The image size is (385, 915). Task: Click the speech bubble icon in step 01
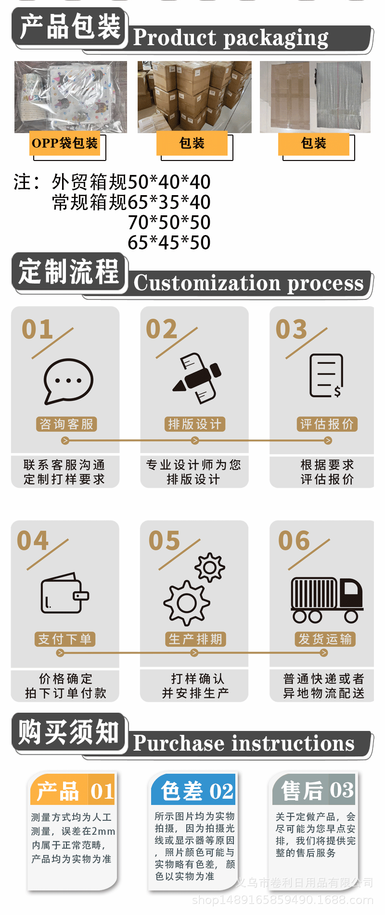(x=68, y=381)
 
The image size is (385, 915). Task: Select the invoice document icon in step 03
(x=326, y=376)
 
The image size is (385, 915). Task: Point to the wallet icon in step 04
(x=64, y=593)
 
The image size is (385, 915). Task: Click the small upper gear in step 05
(x=210, y=567)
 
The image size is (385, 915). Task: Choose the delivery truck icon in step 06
(x=326, y=600)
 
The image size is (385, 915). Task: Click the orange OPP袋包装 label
(x=65, y=143)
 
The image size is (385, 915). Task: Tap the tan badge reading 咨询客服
(x=66, y=424)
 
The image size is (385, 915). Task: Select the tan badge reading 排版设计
(x=194, y=424)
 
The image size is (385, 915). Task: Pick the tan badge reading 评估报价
(x=327, y=424)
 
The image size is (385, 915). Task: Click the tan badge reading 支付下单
(x=65, y=639)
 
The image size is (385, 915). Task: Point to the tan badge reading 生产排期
(x=195, y=639)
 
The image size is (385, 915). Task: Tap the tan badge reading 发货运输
(x=325, y=639)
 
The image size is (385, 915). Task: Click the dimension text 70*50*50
(x=169, y=223)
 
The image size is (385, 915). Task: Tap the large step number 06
(x=294, y=541)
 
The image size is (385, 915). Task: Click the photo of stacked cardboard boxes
(x=194, y=97)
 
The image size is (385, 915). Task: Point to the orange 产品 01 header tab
(x=73, y=791)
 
